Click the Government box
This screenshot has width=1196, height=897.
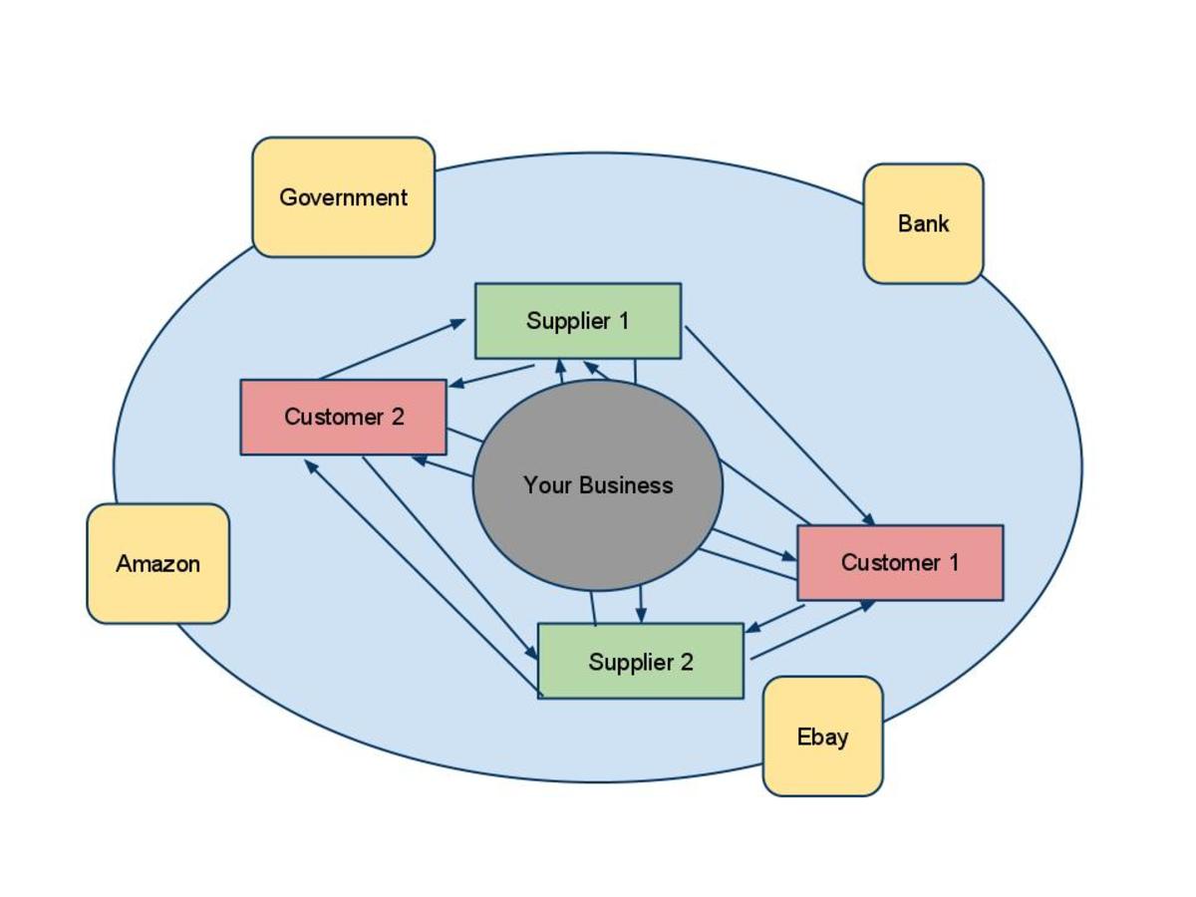click(x=343, y=197)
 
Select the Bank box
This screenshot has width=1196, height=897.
click(x=923, y=224)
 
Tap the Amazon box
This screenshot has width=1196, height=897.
click(x=157, y=564)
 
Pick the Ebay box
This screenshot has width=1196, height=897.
click(x=822, y=737)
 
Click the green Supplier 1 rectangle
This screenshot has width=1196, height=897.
click(x=578, y=321)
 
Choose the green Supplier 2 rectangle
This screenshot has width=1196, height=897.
click(x=641, y=662)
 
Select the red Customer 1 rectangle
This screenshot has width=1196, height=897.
click(x=900, y=563)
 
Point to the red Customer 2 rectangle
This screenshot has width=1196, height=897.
click(x=343, y=418)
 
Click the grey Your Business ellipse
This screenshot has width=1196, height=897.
click(x=598, y=528)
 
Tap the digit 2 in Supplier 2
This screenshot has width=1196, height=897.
click(x=687, y=662)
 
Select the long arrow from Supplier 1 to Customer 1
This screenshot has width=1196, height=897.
click(x=777, y=424)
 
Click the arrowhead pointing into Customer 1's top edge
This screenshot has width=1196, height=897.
click(x=869, y=519)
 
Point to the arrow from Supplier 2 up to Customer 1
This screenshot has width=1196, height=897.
click(x=812, y=630)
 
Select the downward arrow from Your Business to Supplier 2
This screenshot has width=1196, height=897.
click(x=641, y=604)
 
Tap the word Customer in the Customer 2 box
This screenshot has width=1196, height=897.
click(x=327, y=418)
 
